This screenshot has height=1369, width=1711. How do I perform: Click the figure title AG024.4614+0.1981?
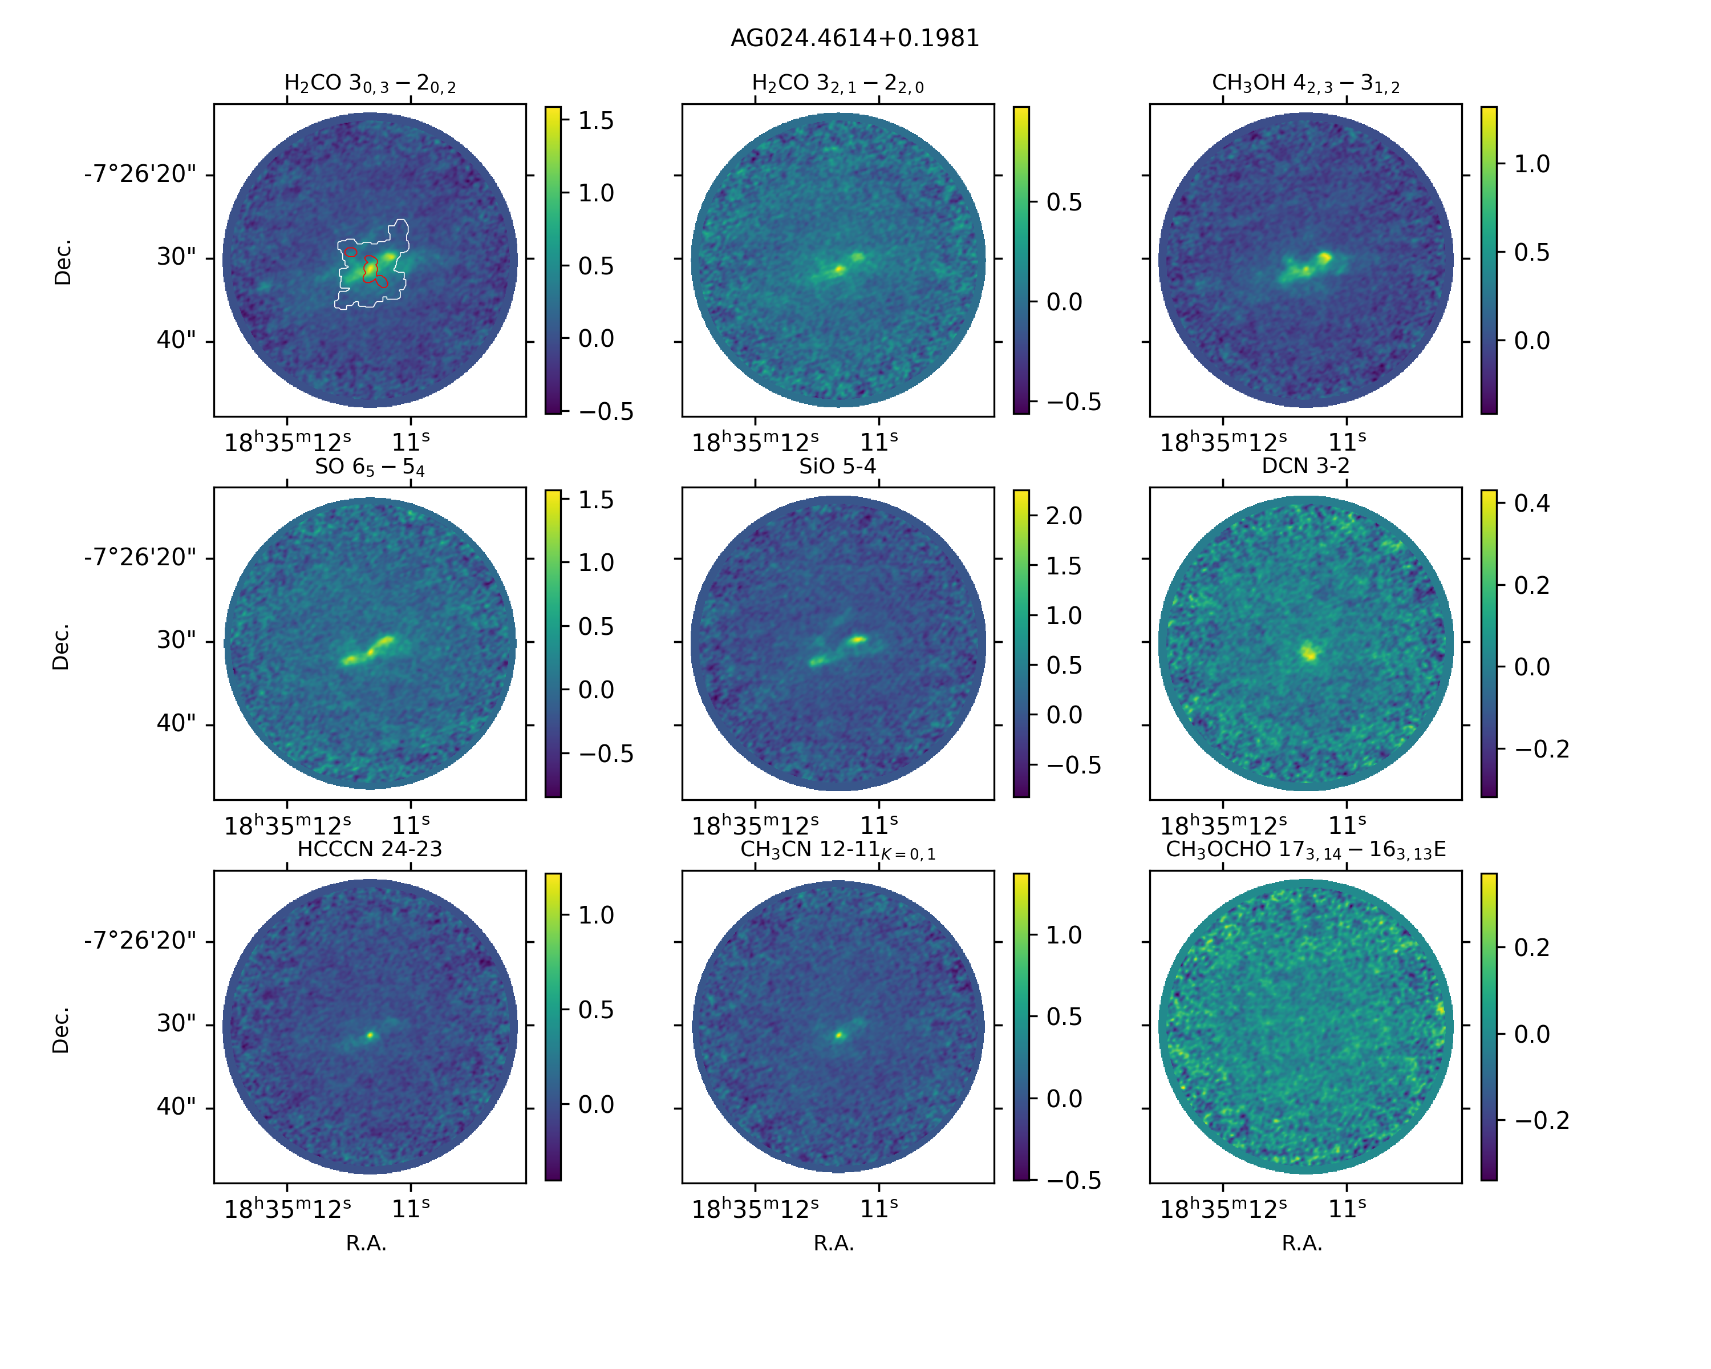[855, 38]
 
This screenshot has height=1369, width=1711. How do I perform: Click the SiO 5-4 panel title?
[837, 466]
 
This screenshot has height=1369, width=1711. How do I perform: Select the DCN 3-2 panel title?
[1305, 466]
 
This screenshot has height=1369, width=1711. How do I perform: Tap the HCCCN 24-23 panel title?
[369, 849]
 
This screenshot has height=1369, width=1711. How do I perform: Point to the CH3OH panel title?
[1305, 84]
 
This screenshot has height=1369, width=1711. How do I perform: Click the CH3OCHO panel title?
[1305, 850]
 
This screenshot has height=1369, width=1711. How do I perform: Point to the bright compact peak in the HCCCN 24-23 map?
[370, 1035]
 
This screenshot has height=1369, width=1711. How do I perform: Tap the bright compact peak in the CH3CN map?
[840, 1035]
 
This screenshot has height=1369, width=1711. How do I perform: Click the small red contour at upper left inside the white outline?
[351, 252]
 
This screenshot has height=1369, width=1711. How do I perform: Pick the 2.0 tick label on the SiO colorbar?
[1064, 516]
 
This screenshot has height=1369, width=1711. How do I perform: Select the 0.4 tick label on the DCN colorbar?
[1532, 503]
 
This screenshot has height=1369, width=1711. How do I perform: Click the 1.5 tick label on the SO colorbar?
[595, 500]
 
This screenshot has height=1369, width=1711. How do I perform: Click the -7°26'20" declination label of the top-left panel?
[140, 174]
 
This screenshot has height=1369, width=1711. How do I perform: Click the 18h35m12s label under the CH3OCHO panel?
[1223, 1209]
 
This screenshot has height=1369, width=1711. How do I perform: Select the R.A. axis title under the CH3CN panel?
[833, 1244]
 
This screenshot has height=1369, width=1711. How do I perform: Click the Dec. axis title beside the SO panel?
[61, 646]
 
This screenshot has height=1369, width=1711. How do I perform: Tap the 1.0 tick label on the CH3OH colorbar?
[1532, 164]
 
